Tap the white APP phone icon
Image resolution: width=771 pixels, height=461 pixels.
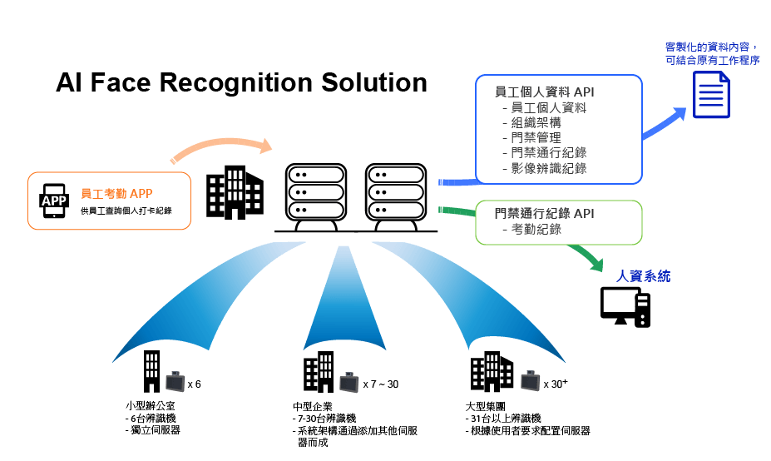tap(54, 201)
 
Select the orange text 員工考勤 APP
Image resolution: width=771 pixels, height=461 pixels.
tap(116, 194)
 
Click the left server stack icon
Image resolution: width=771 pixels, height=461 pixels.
tap(316, 192)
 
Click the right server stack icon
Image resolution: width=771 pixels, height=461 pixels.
tap(396, 192)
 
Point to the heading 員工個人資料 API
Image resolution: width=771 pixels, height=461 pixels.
tap(544, 92)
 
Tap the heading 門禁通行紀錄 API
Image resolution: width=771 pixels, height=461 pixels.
tap(544, 214)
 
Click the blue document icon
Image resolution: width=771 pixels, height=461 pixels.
tap(711, 94)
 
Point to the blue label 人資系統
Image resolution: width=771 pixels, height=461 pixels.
tap(643, 276)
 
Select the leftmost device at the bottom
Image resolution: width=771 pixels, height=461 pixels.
tap(175, 382)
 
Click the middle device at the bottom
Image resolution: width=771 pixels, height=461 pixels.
tap(349, 382)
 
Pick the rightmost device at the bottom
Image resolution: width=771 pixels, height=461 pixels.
tap(531, 381)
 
